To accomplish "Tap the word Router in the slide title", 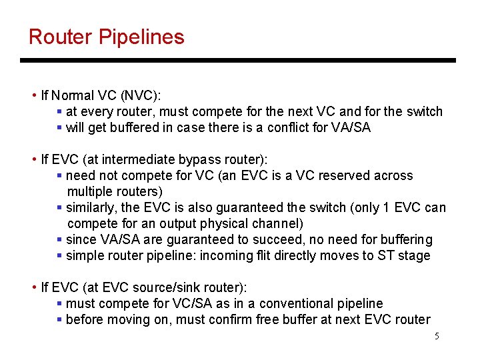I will pos(61,37).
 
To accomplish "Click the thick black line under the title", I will pos(238,61).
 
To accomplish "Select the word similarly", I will pos(93,207).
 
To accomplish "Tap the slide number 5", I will pos(437,337).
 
